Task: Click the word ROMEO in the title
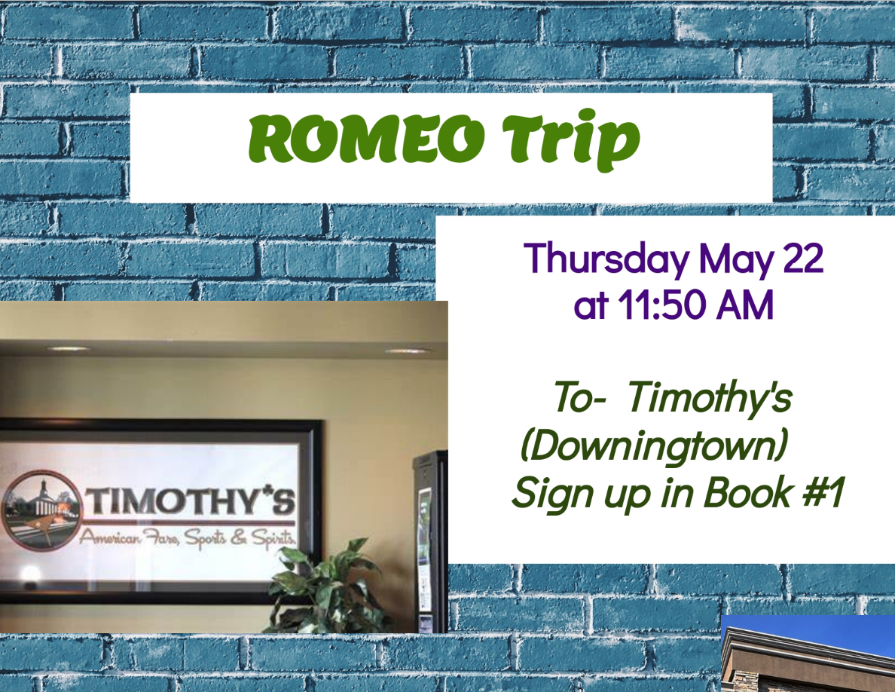pyautogui.click(x=366, y=138)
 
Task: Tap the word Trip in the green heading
pyautogui.click(x=571, y=140)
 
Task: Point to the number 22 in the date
pyautogui.click(x=803, y=258)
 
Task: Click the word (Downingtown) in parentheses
pyautogui.click(x=654, y=446)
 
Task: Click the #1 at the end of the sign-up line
pyautogui.click(x=823, y=491)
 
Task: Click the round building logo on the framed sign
pyautogui.click(x=40, y=510)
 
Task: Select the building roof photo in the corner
pyautogui.click(x=808, y=654)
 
